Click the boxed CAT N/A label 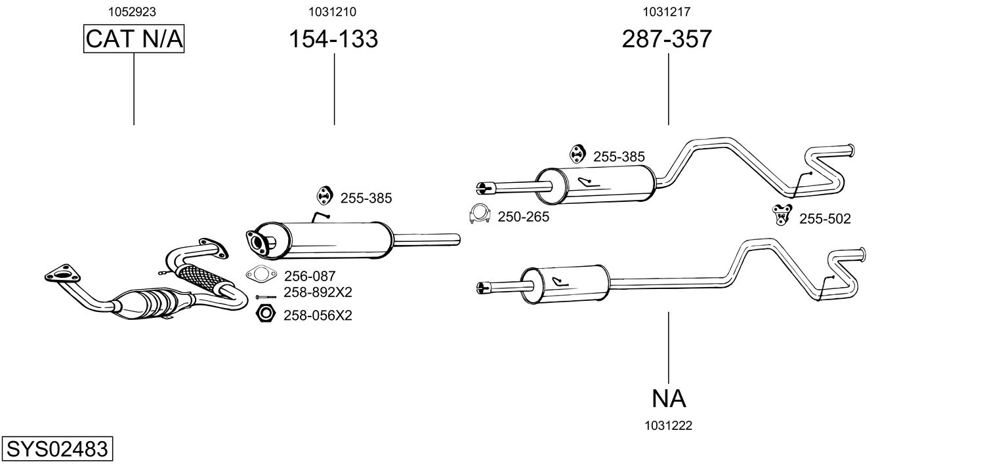(134, 39)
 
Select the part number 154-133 (334, 39)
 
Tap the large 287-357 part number (667, 39)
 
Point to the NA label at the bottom (669, 398)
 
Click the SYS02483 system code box (56, 450)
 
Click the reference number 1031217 (666, 11)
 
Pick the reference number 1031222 (669, 425)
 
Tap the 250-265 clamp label (523, 217)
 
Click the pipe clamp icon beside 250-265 (480, 214)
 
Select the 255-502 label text (824, 219)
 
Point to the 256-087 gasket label (309, 277)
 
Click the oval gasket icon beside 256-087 (262, 275)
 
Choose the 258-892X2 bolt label (318, 292)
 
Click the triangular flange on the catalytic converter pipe (60, 274)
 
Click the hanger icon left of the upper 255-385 (577, 153)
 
